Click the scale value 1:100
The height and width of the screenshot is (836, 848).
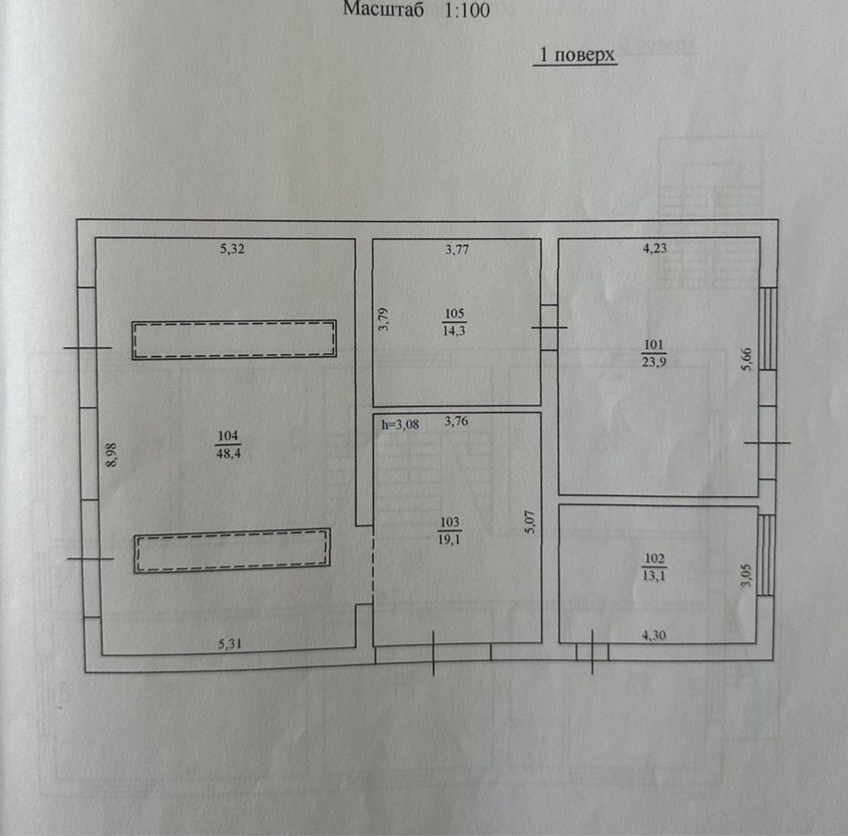tap(466, 10)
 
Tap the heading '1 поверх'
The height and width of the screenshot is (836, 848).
tap(577, 54)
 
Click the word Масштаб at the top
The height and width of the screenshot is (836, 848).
tap(383, 9)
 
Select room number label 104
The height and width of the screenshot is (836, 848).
tap(228, 436)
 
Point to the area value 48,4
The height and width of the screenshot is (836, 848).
tap(228, 453)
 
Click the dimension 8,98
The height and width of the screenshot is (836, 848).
tap(111, 454)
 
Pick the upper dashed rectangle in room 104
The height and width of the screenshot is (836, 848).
tap(234, 340)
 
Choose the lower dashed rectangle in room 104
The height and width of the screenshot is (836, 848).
tap(232, 550)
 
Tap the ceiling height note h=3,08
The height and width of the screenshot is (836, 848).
tap(400, 425)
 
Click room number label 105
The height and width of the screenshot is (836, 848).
tap(455, 313)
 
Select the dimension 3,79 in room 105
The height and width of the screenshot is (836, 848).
tap(383, 320)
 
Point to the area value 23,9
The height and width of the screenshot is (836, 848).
tap(654, 362)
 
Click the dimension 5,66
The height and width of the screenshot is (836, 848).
tap(747, 359)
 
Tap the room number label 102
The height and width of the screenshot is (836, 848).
tap(655, 558)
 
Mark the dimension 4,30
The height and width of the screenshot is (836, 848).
tap(654, 635)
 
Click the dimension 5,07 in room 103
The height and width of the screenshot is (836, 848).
tap(530, 522)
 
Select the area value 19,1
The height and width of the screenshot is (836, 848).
tap(449, 539)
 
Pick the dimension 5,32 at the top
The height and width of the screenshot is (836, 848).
tap(232, 248)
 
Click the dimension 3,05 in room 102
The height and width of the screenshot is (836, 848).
tap(746, 576)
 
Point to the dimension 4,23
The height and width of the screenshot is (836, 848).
tap(655, 248)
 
